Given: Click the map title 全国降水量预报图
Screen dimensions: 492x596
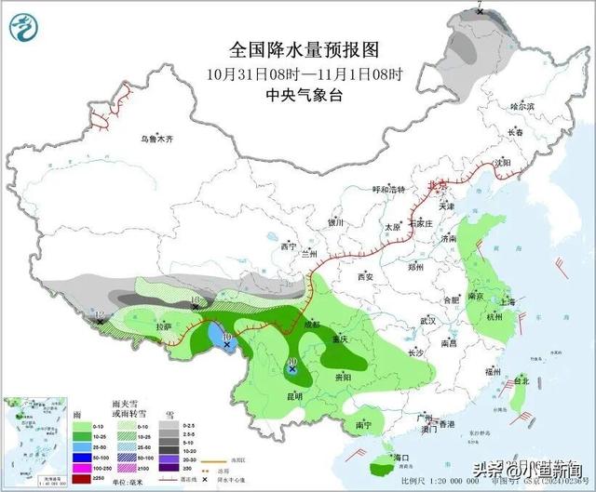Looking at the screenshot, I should click(x=306, y=48).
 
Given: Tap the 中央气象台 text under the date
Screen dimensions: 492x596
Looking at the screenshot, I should click(x=305, y=95).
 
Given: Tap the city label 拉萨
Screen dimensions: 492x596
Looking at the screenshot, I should click(x=164, y=327).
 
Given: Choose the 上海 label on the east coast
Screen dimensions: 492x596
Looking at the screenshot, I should click(x=508, y=302).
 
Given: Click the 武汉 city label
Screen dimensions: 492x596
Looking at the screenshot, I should click(x=428, y=320).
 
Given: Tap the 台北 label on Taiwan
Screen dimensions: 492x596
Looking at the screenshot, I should click(x=521, y=380).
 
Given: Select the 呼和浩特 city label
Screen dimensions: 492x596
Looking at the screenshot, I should click(x=390, y=190).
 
